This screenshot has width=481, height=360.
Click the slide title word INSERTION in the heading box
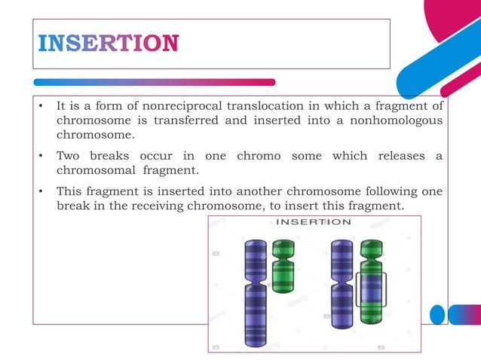[108, 43]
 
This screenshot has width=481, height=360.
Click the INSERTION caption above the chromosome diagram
[313, 221]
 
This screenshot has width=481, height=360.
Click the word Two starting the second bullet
[69, 156]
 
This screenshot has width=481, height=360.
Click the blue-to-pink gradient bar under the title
[155, 82]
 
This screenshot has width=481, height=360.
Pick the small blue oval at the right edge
[437, 314]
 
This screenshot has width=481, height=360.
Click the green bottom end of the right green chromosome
[370, 316]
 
